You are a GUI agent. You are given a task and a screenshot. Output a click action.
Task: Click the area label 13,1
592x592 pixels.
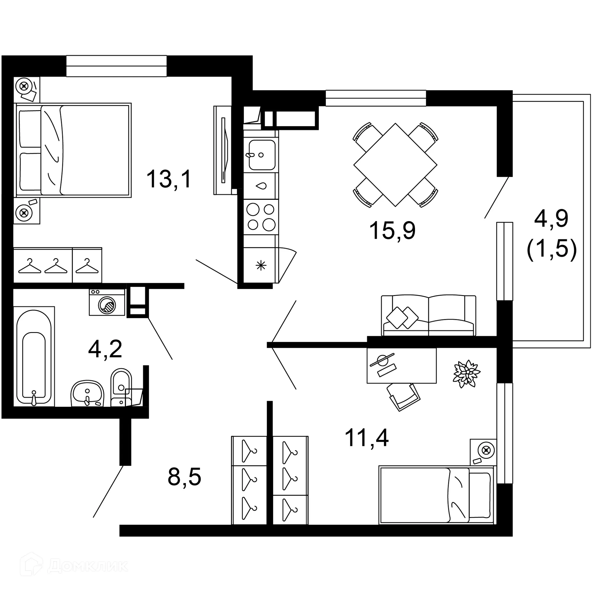click(x=169, y=179)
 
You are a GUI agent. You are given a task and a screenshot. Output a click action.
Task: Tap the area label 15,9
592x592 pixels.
click(x=392, y=231)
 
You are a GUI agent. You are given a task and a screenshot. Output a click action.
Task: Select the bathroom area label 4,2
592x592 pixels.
click(x=105, y=349)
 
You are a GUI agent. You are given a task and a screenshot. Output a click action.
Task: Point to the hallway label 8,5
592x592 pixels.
click(x=184, y=477)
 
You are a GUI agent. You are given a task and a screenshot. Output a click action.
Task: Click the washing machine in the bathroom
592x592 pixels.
click(x=107, y=302)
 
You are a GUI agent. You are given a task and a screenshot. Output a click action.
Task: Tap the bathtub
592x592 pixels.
click(x=34, y=356)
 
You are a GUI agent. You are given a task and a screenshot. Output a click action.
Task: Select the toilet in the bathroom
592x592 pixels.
click(x=121, y=387)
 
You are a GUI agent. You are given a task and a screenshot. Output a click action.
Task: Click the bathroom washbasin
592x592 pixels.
click(x=87, y=393)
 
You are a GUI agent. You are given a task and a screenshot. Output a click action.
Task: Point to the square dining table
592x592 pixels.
click(x=395, y=165)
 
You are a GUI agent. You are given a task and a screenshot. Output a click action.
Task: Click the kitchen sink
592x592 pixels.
click(x=262, y=155)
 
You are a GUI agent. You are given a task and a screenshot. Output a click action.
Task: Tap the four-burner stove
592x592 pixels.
click(x=261, y=217)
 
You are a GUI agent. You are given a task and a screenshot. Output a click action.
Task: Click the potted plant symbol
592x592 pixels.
click(x=467, y=373)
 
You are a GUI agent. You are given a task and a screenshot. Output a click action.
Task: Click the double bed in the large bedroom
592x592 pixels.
click(x=73, y=150)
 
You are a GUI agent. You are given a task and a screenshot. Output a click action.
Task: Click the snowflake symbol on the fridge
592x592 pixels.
click(x=261, y=265)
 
